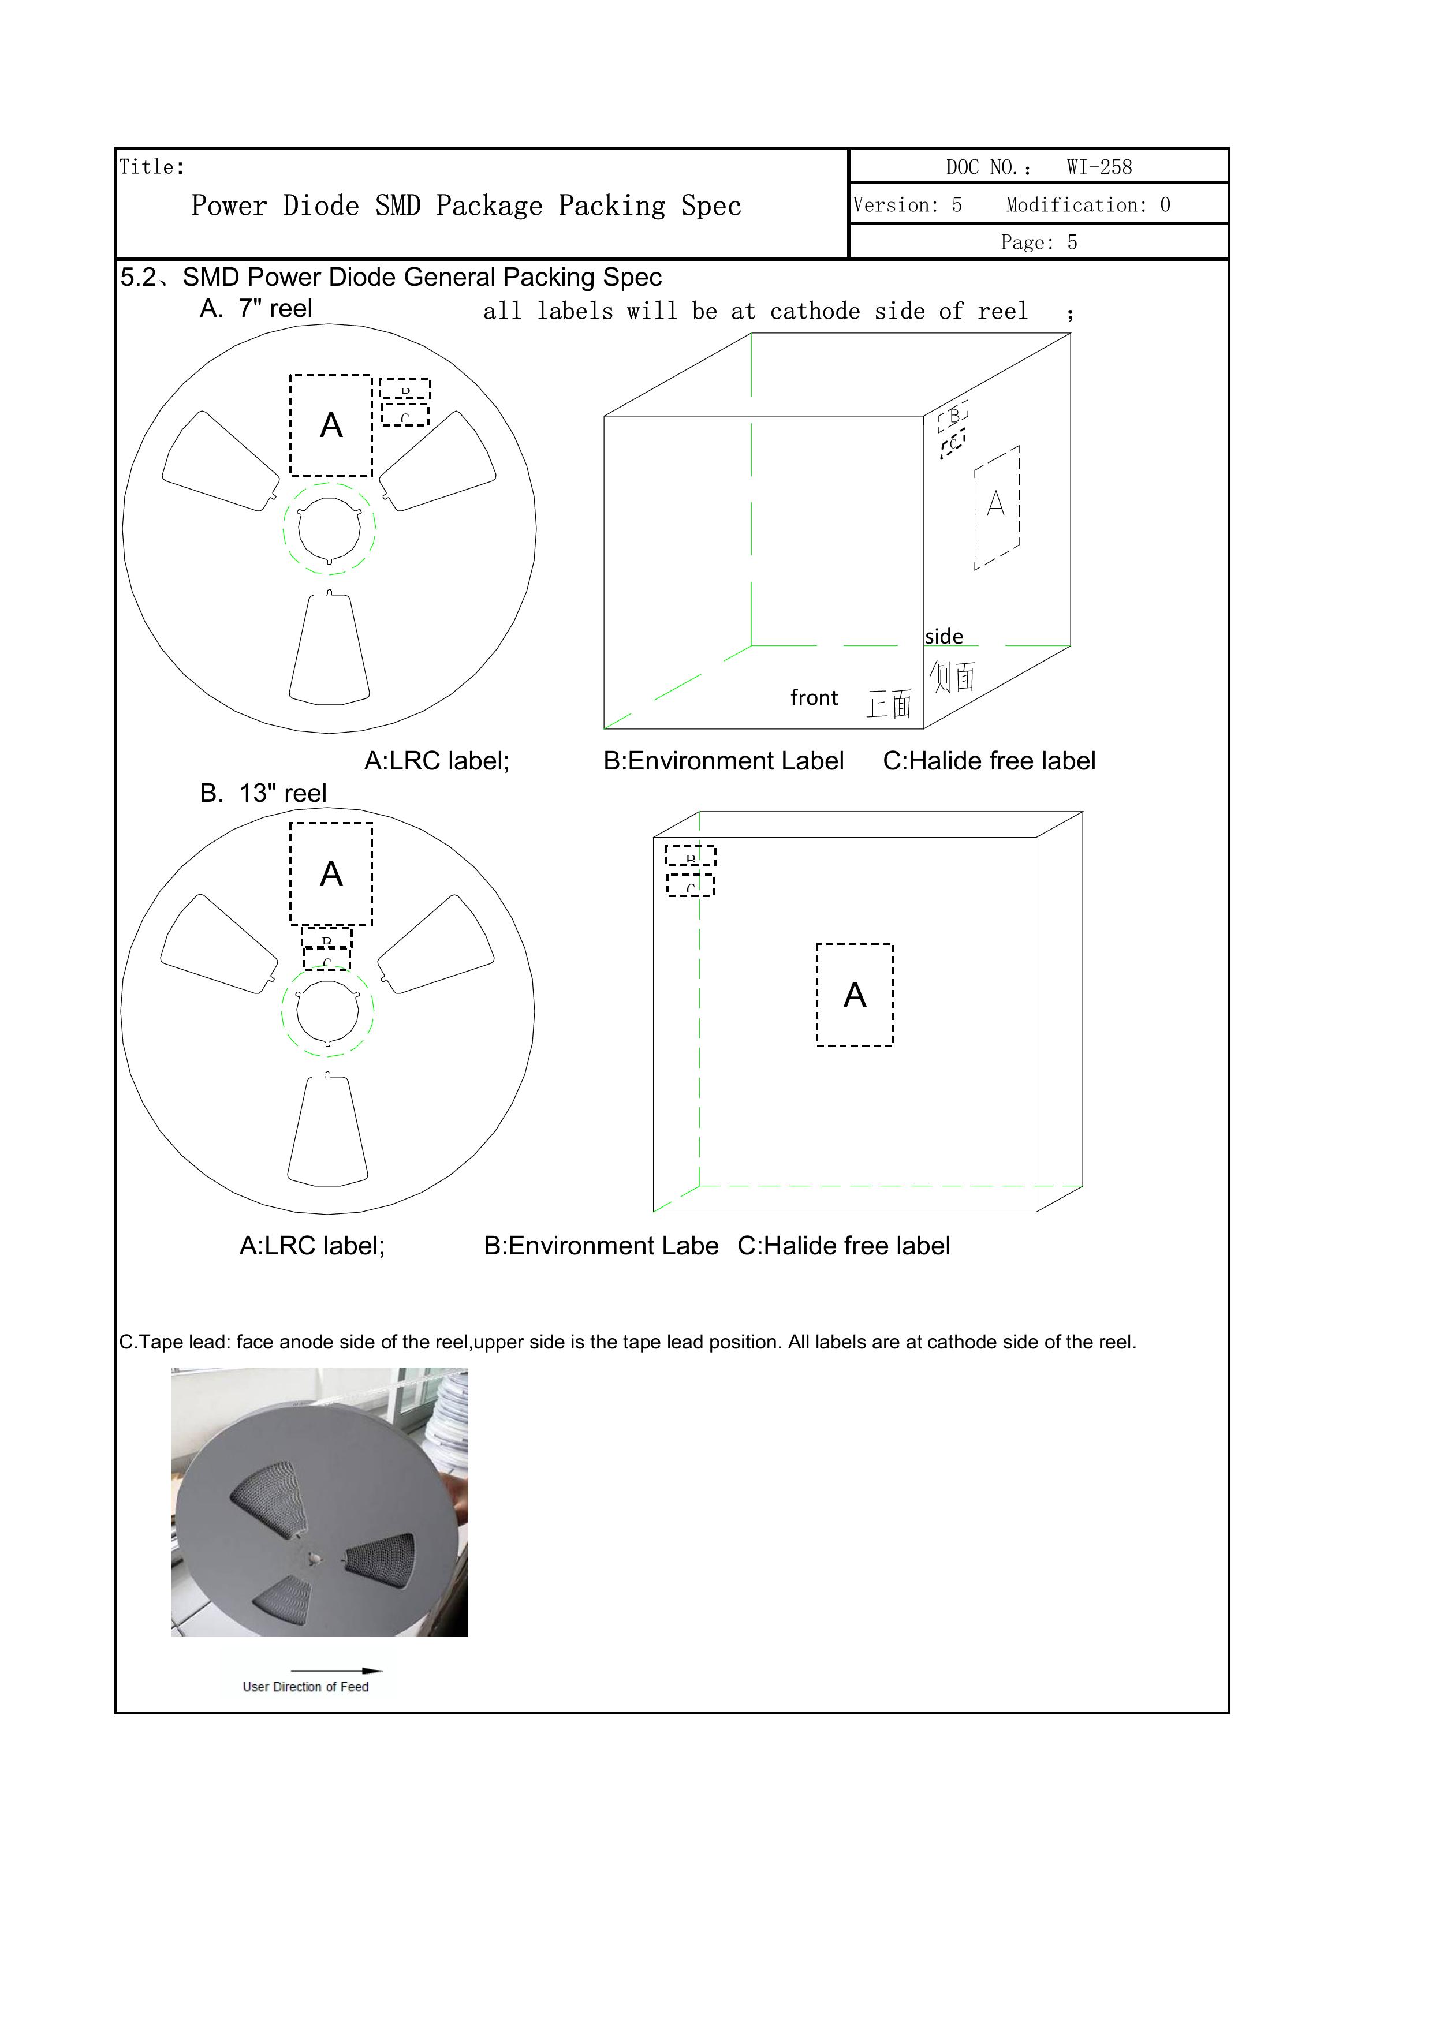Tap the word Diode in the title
[320, 206]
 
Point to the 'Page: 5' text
[1038, 242]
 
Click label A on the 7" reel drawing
[331, 425]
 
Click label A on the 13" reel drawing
[331, 873]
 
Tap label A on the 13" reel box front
[854, 995]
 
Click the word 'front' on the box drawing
[814, 698]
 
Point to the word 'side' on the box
[944, 636]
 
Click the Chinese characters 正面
[889, 704]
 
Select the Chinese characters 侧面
[952, 677]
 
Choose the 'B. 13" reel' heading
[263, 793]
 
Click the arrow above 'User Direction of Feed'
[336, 1669]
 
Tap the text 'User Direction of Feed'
[305, 1686]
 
